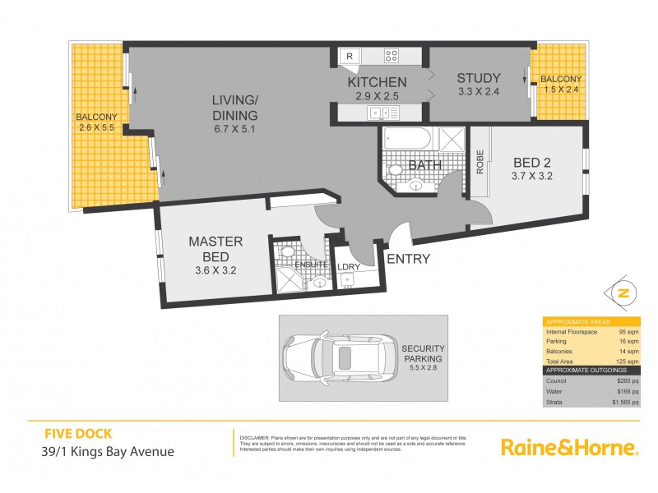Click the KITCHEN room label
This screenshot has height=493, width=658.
377,82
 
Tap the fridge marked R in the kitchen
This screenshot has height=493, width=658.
350,57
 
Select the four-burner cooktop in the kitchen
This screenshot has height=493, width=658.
392,57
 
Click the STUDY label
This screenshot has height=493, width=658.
478,78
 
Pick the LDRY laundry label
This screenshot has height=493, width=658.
347,267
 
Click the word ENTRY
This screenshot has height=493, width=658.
408,259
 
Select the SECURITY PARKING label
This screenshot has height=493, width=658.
423,353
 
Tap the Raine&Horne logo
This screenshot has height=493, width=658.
570,448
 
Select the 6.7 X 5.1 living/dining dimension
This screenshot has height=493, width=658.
234,128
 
